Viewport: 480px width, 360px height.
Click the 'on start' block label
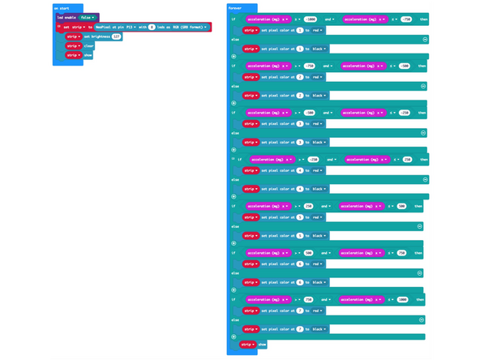(61, 8)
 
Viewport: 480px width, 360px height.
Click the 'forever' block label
(235, 8)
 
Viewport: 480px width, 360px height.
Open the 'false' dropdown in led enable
(87, 17)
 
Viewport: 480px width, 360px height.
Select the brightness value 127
(116, 36)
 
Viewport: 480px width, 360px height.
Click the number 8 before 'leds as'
(151, 27)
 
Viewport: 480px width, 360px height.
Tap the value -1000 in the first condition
(311, 19)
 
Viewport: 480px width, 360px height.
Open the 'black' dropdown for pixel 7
(320, 329)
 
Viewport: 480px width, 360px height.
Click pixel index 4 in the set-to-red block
(299, 170)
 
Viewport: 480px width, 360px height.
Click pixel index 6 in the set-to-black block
(299, 282)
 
